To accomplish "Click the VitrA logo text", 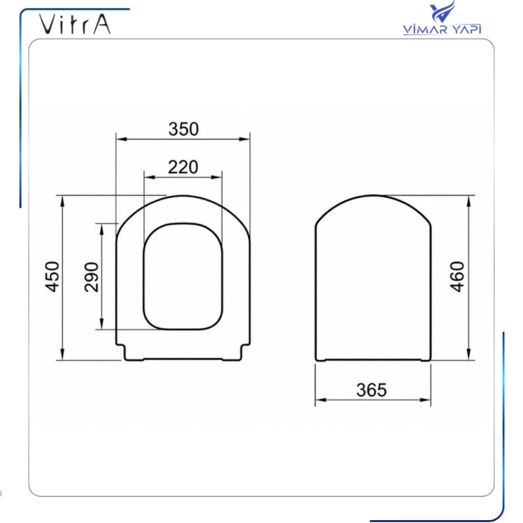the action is (x=75, y=24).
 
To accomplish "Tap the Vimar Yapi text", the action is (x=442, y=29).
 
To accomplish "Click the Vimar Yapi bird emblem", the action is (x=442, y=12).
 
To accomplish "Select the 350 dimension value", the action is (x=184, y=129).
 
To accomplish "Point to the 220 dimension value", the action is (x=183, y=167).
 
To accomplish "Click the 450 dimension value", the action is (x=53, y=277).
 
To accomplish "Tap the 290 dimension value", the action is (x=91, y=277).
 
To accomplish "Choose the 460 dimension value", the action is (x=457, y=277).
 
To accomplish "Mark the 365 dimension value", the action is (x=371, y=390).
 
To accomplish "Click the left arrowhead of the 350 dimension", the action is (x=121, y=139).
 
